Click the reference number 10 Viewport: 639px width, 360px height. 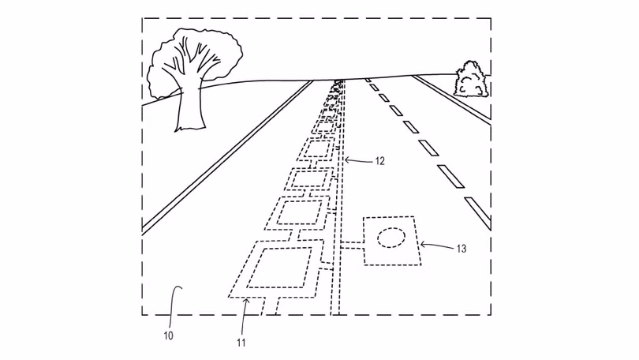click(168, 336)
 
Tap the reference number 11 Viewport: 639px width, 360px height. click(241, 343)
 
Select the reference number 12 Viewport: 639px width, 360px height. click(379, 161)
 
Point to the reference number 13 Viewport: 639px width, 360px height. click(461, 249)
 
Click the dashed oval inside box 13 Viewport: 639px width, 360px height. click(391, 238)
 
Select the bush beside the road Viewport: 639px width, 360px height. click(472, 80)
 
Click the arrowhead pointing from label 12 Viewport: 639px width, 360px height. click(346, 159)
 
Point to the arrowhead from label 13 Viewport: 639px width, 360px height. click(423, 245)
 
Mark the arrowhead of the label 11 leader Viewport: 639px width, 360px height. click(246, 302)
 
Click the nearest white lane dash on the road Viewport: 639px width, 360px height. click(477, 213)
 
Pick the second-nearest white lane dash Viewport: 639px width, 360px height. click(450, 176)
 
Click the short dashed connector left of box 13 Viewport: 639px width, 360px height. click(351, 245)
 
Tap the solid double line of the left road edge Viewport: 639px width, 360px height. click(227, 157)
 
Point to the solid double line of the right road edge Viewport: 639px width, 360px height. click(451, 99)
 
